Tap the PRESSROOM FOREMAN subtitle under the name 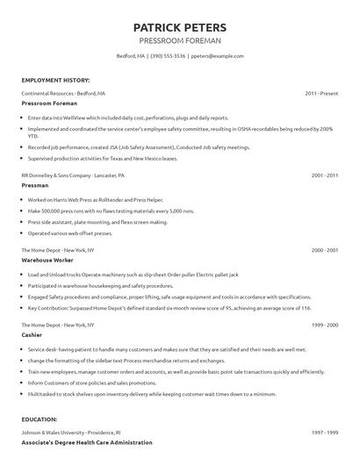pos(180,40)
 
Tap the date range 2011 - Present pos(321,93)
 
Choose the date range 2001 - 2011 pos(324,175)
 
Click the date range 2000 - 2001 pos(324,250)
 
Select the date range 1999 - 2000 pos(324,325)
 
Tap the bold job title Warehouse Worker pos(48,261)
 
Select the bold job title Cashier pos(33,335)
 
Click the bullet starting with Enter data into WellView pos(127,118)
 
